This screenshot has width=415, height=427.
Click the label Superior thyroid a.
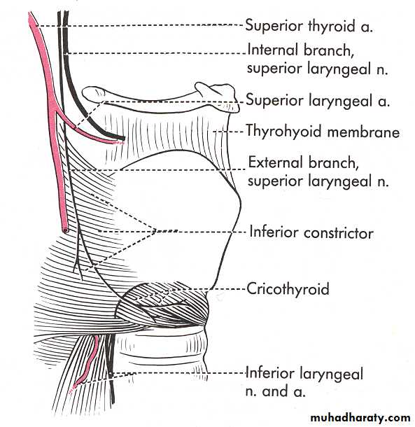[309, 26]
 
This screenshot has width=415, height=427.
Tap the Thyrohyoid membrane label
[323, 132]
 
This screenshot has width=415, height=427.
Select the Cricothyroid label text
[288, 288]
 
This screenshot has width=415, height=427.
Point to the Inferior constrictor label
[311, 233]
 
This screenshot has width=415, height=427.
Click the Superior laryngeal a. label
[318, 100]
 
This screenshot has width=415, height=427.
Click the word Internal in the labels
[273, 50]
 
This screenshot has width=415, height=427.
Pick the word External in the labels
[276, 162]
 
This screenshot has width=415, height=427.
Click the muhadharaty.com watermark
[360, 418]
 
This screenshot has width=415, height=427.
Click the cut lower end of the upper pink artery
[65, 230]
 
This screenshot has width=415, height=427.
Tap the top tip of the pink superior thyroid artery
[30, 13]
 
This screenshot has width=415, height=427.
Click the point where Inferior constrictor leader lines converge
[155, 232]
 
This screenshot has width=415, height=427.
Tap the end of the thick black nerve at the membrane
[123, 139]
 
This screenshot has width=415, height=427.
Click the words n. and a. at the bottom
[275, 391]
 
